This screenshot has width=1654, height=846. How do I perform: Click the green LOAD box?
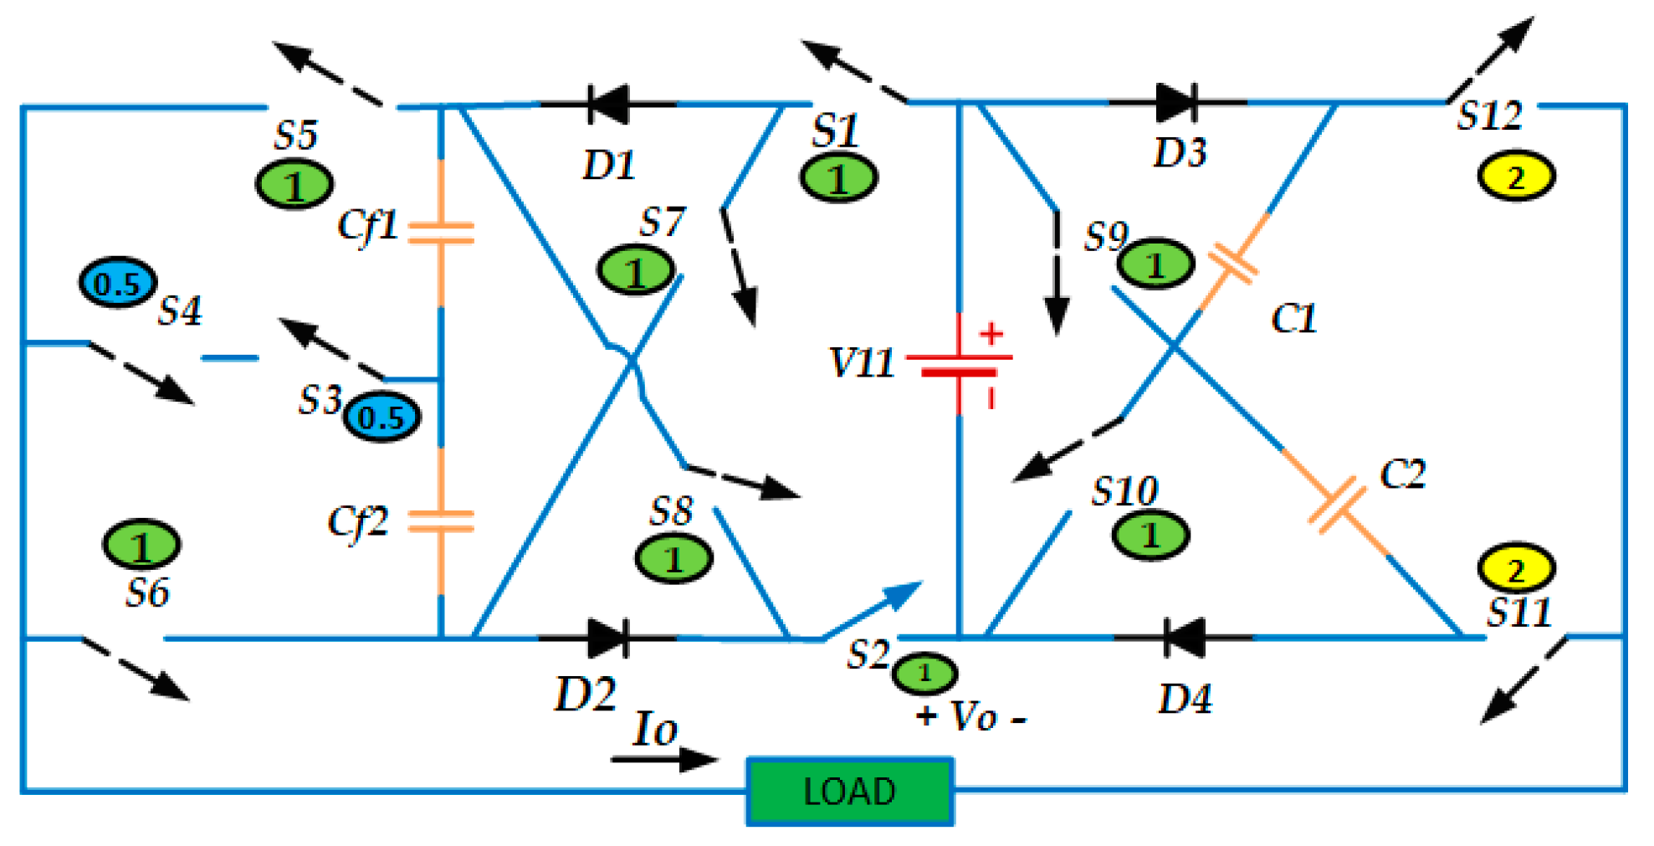849,791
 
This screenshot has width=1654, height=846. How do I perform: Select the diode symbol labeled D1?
608,105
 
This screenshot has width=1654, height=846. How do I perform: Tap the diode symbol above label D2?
608,638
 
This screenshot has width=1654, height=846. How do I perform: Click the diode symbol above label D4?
1184,638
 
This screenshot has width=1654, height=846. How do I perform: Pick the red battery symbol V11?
960,365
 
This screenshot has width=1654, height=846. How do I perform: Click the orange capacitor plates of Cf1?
441,233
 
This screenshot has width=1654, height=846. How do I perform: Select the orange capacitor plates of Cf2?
441,522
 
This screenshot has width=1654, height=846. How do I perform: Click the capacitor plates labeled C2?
1336,505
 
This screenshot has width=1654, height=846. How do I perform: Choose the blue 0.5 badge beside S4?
117,283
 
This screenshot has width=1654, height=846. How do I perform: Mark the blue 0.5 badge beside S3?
382,417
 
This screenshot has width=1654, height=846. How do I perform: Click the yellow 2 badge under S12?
1516,177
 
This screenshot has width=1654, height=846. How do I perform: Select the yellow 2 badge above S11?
1516,568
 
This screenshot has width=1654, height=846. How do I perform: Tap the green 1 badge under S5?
294,185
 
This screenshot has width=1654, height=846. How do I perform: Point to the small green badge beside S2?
924,672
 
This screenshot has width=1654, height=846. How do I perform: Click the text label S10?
1124,491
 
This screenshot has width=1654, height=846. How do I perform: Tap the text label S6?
147,592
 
